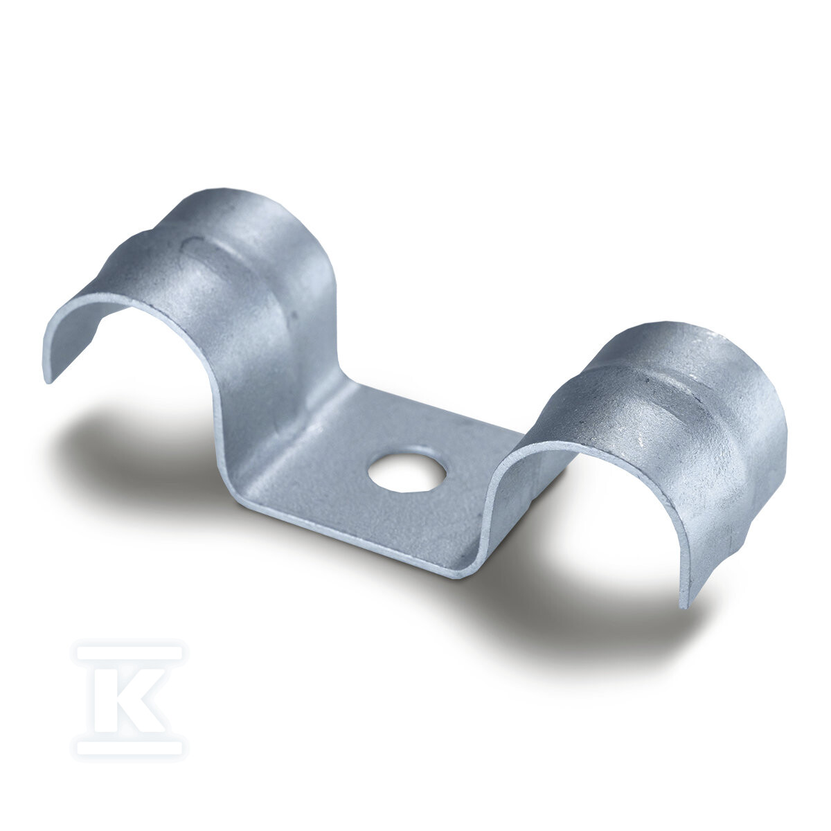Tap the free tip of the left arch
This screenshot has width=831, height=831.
(48, 379)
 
